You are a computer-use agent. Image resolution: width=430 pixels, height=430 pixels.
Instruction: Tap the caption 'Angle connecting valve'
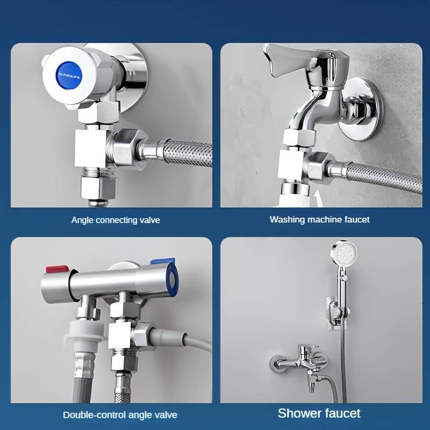[116, 220]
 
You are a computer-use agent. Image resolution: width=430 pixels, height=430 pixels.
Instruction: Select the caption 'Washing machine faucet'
[319, 219]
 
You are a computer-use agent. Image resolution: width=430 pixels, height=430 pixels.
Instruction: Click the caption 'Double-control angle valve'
[120, 414]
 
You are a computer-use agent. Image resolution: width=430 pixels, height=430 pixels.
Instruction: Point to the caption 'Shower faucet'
[319, 413]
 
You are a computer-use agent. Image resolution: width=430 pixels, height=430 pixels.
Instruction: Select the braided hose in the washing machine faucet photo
[387, 177]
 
